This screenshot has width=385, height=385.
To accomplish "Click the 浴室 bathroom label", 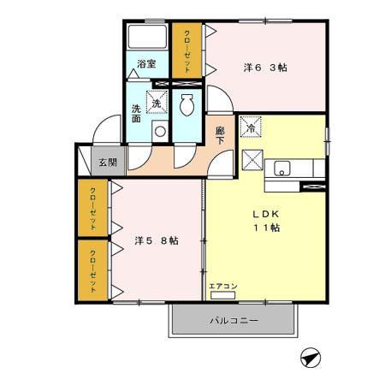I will [x=146, y=64].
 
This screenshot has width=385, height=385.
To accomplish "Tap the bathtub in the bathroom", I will [x=147, y=38].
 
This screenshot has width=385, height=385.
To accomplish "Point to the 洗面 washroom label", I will [x=137, y=115].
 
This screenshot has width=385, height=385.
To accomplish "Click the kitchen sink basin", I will [x=283, y=167].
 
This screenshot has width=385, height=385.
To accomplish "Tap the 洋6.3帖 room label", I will [x=264, y=67].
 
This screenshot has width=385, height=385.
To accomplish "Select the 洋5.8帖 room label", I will [x=157, y=240].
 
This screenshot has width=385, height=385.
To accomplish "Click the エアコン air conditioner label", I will [x=222, y=285].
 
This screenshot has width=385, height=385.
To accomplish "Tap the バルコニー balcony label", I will [x=234, y=321].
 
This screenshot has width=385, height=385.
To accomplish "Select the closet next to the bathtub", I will [x=187, y=50].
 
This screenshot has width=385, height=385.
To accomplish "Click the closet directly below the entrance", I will [x=92, y=207].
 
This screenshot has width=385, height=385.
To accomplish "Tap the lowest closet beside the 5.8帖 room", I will [x=92, y=269].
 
